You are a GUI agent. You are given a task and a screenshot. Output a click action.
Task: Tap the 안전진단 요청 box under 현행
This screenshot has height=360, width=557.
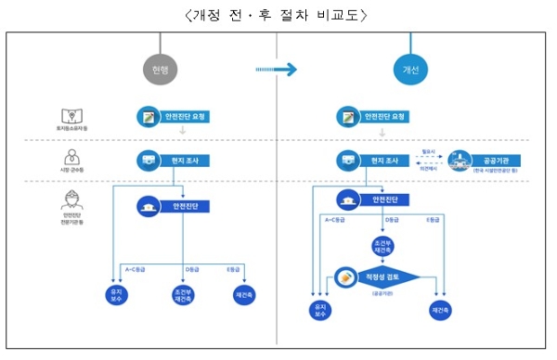(x=173, y=118)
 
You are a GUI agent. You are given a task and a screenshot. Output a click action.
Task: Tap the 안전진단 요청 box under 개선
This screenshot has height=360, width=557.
(x=371, y=118)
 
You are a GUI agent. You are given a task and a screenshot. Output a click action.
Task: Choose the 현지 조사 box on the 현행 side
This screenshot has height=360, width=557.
(x=173, y=161)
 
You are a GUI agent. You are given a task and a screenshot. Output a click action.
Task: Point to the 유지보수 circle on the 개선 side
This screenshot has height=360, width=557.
(x=319, y=308)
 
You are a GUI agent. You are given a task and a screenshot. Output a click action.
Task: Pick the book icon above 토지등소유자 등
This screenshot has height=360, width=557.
(x=69, y=113)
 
